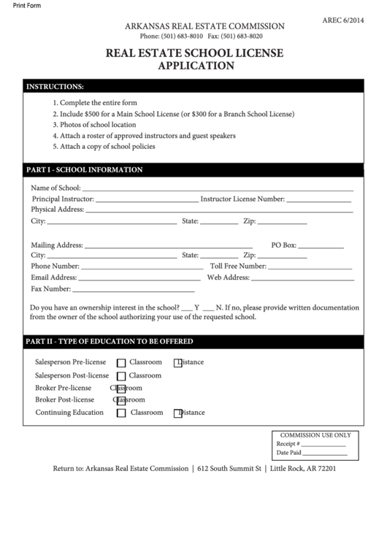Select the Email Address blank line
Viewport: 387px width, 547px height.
point(139,278)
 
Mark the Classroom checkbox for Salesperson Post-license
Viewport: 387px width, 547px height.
point(121,376)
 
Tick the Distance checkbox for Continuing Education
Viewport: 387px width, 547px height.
point(177,413)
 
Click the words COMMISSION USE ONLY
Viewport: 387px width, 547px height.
point(315,435)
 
